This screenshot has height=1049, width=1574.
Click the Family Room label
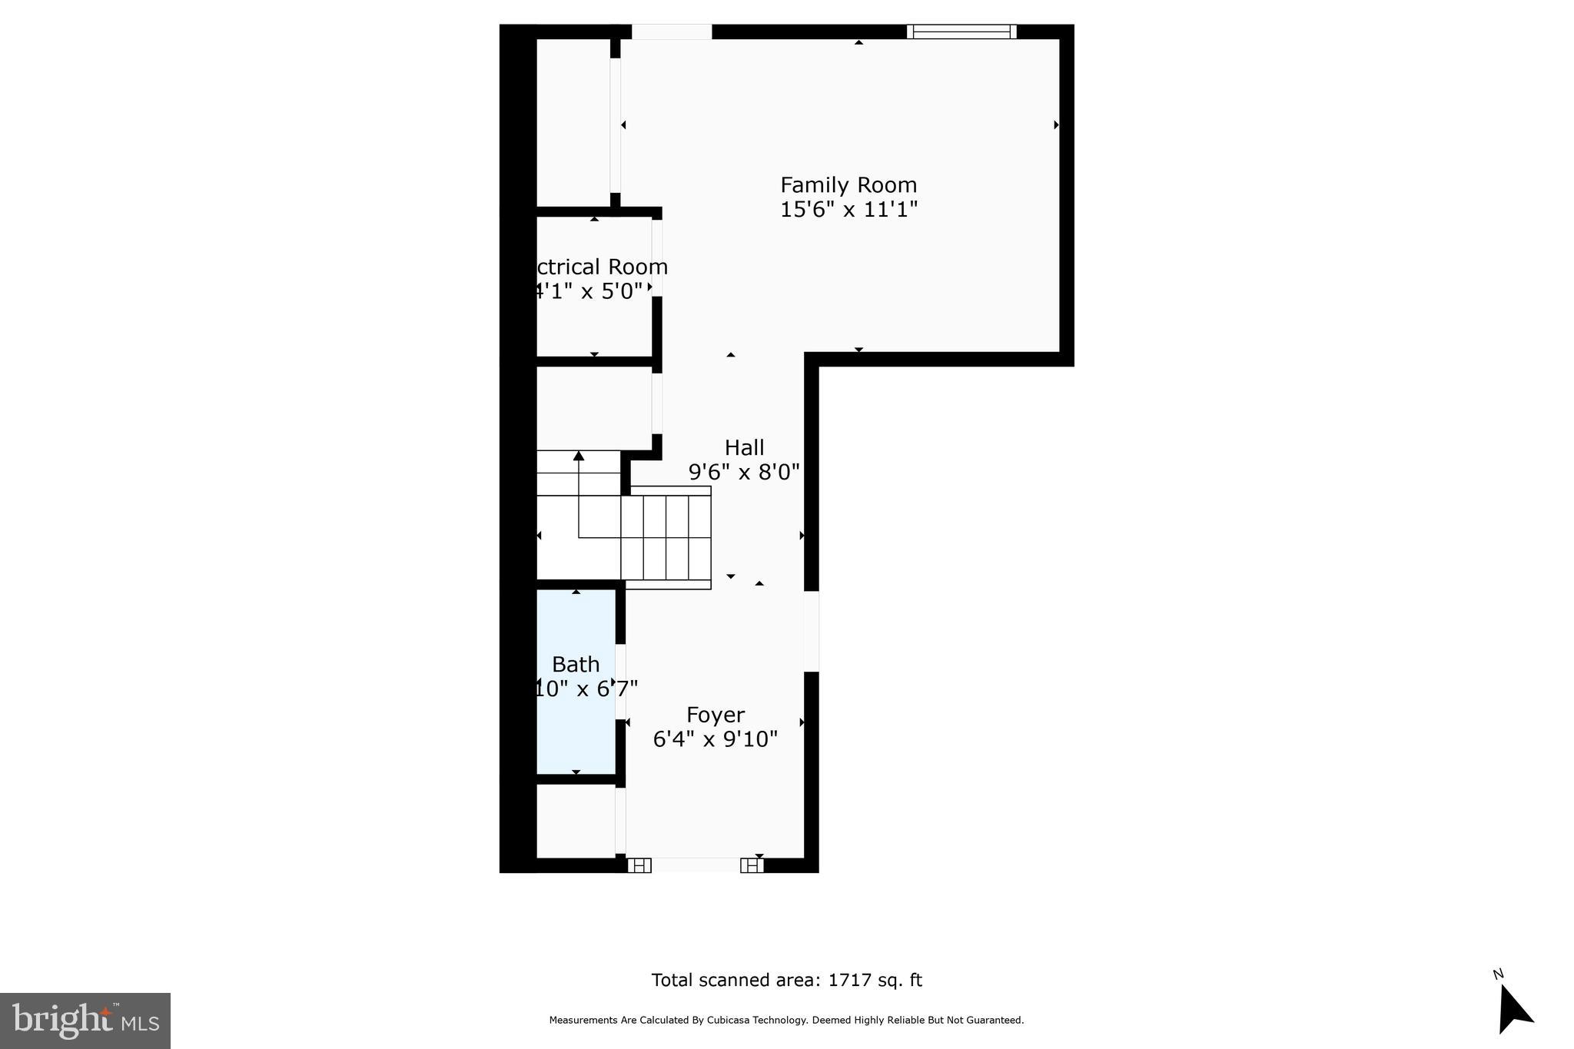click(x=848, y=185)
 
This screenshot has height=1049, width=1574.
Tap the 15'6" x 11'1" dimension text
click(x=848, y=209)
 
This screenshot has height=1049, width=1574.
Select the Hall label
click(x=744, y=447)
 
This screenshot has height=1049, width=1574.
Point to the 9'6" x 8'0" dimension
click(x=744, y=471)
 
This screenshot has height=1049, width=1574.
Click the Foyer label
click(x=715, y=715)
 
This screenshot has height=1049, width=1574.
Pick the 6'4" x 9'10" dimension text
click(x=715, y=739)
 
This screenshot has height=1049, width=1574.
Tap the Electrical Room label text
click(x=599, y=267)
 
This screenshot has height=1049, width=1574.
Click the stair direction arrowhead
click(x=579, y=456)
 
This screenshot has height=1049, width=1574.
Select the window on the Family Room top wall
click(x=961, y=32)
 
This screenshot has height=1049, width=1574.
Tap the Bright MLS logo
click(x=85, y=1021)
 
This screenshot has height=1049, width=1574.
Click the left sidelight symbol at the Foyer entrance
click(x=639, y=865)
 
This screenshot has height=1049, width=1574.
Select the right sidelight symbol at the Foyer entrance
click(x=752, y=865)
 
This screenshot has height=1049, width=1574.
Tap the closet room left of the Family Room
click(x=573, y=123)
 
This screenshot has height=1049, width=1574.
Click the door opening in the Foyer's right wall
click(x=812, y=631)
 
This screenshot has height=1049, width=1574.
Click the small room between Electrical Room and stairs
click(x=593, y=407)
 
